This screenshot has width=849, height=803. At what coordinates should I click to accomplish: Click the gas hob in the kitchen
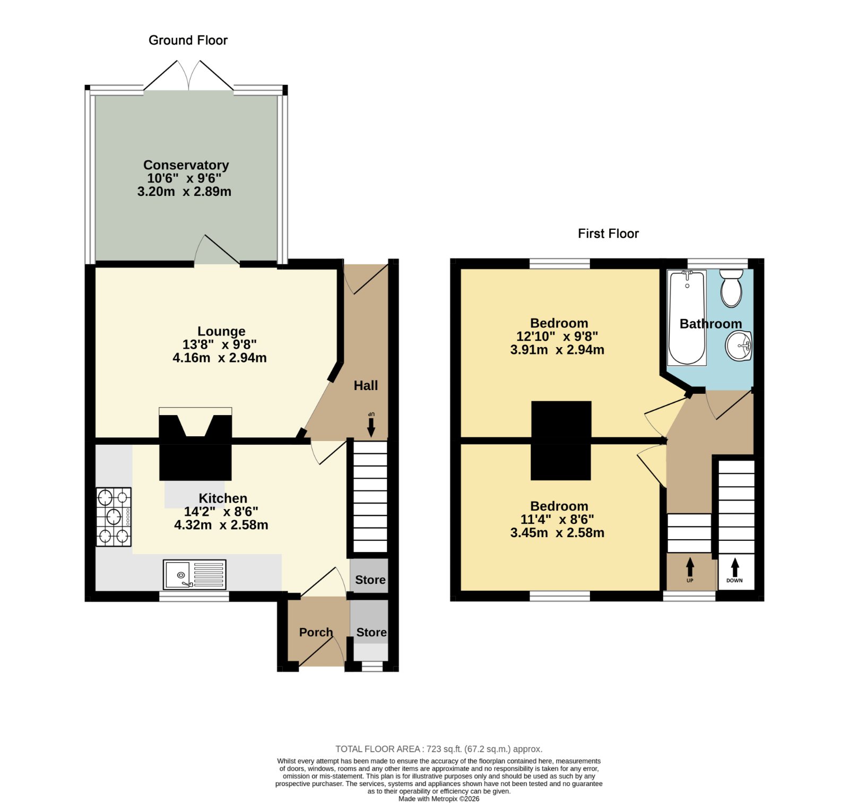(x=114, y=517)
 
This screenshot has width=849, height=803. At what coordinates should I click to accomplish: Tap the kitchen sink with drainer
(x=195, y=574)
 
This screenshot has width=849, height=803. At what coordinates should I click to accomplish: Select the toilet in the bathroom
(x=731, y=288)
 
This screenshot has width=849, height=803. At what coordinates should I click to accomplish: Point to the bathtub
(x=687, y=317)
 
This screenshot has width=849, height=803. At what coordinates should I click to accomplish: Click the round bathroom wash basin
(x=738, y=346)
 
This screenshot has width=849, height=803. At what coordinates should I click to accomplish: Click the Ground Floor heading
(x=188, y=40)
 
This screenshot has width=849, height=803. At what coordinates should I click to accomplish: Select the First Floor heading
(x=608, y=234)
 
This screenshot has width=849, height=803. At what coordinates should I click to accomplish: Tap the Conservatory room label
(x=186, y=165)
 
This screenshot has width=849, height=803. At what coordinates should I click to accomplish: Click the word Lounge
(x=221, y=332)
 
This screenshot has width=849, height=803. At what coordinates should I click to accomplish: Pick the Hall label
(x=366, y=385)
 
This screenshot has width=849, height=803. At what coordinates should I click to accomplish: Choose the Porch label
(x=316, y=632)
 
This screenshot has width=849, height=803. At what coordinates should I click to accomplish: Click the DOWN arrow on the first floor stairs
(x=735, y=568)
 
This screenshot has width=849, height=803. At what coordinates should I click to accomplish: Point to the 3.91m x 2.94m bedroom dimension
(x=557, y=350)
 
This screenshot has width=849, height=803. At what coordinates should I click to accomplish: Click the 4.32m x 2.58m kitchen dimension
(x=221, y=525)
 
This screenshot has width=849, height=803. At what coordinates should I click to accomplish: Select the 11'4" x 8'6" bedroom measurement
(x=557, y=520)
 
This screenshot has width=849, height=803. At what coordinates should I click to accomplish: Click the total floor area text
(x=439, y=749)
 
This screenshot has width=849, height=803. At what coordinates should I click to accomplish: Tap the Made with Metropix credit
(x=439, y=799)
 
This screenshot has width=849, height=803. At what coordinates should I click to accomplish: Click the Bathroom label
(x=711, y=324)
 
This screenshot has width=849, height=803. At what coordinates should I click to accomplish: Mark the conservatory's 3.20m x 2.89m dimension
(x=184, y=192)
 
